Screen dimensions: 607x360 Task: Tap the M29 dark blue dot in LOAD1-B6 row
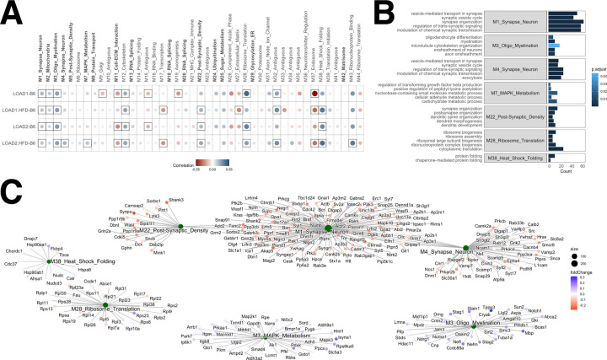point(250,93)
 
